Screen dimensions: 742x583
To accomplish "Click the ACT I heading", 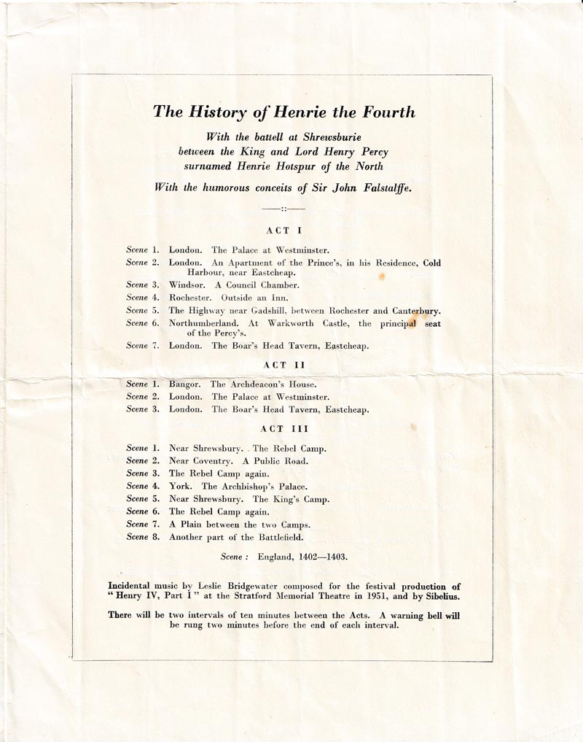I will click(x=278, y=231).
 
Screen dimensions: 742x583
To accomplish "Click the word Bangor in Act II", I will click(x=185, y=384).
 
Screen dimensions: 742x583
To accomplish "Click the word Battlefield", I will click(x=300, y=538).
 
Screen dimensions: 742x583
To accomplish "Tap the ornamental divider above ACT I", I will click(x=278, y=210).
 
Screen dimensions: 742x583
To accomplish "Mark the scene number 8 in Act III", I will click(x=154, y=538).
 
